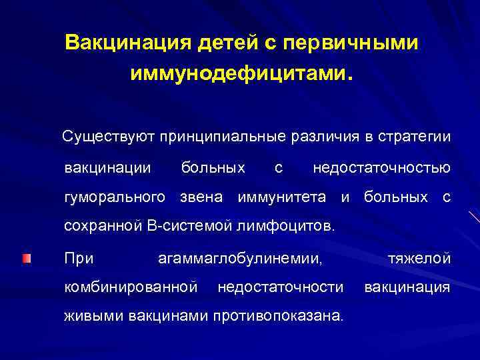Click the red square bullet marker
(x=25, y=258)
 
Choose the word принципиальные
(x=229, y=137)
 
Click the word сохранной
(x=101, y=227)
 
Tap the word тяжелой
(x=419, y=257)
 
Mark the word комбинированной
(x=131, y=287)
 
